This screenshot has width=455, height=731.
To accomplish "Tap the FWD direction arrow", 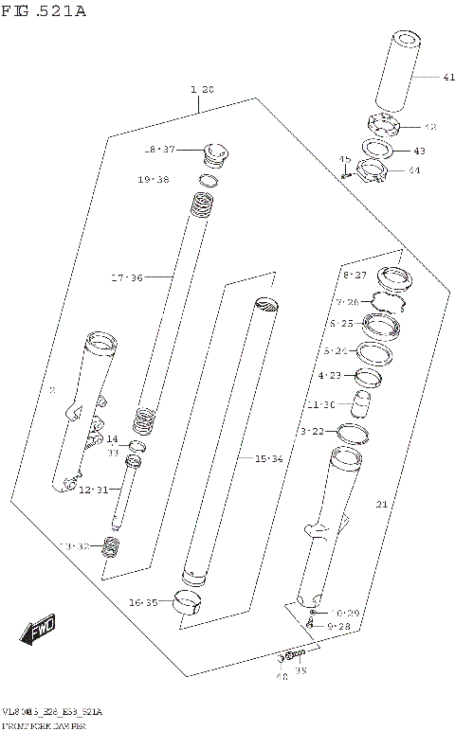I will pyautogui.click(x=38, y=629).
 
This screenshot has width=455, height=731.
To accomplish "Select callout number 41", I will pyautogui.click(x=422, y=77).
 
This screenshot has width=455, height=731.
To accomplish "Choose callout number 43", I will pyautogui.click(x=419, y=151).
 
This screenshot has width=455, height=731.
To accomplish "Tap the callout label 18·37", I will pyautogui.click(x=160, y=150).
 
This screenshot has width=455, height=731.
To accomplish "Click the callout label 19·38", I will pyautogui.click(x=153, y=180).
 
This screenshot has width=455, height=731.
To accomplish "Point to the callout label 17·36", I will pyautogui.click(x=126, y=277).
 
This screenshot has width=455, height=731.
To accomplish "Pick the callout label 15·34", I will pyautogui.click(x=268, y=458).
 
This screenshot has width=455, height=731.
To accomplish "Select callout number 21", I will pyautogui.click(x=381, y=505).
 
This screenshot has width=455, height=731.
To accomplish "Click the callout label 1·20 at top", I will pyautogui.click(x=202, y=89).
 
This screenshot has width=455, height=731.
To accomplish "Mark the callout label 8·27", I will pyautogui.click(x=354, y=275).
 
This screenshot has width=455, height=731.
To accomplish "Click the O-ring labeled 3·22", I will pyautogui.click(x=354, y=433).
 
